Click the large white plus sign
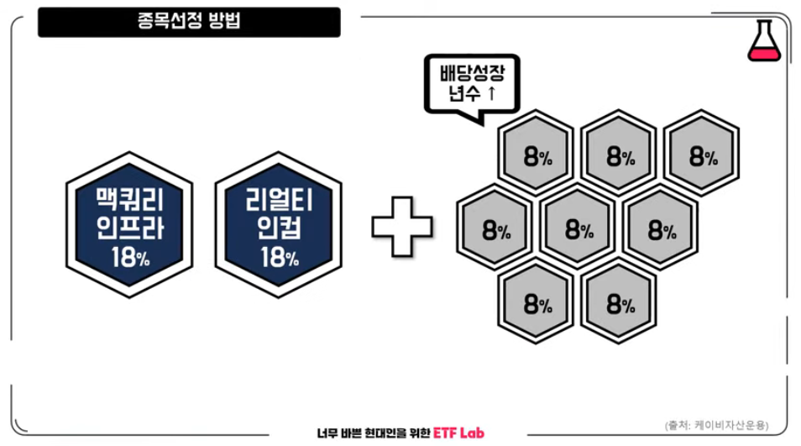point(403,224)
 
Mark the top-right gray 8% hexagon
point(702,156)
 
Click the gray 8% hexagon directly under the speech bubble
point(536,156)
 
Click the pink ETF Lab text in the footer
point(458,433)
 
